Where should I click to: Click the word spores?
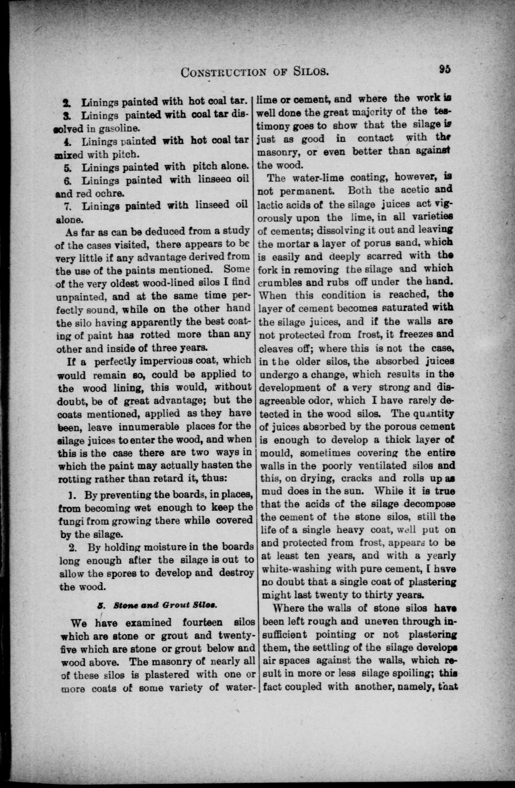click(x=121, y=573)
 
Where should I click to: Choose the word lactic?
click(x=273, y=203)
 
